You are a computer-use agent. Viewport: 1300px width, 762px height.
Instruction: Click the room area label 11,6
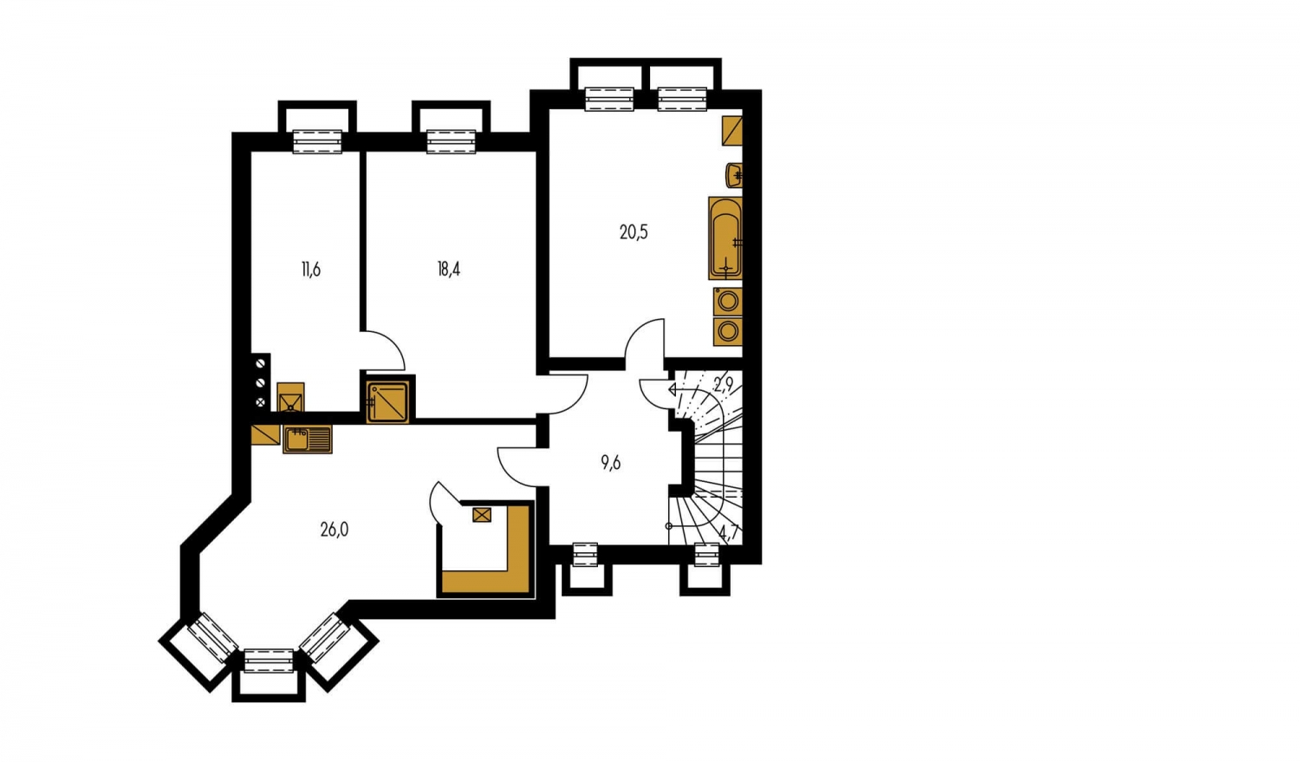point(311,270)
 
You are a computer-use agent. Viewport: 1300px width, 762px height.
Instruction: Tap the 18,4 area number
point(449,270)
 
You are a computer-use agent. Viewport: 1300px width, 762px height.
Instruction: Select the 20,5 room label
point(634,232)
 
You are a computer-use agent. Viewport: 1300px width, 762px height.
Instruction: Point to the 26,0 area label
point(335,530)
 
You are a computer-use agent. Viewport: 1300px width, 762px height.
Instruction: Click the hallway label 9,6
point(610,463)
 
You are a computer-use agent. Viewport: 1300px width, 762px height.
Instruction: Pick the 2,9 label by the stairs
point(724,384)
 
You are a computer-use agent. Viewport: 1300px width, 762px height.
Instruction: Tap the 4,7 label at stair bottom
point(728,531)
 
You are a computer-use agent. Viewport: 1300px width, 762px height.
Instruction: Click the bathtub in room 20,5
point(725,238)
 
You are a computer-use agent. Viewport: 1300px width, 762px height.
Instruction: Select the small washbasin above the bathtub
point(734,175)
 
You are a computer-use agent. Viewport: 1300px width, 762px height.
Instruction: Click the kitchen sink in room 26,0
point(307,439)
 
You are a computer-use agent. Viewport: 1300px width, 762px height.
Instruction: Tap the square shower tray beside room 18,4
point(388,401)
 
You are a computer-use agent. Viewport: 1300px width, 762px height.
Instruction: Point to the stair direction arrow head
point(673,389)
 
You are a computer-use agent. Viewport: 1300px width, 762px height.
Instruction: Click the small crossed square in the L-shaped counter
point(482,514)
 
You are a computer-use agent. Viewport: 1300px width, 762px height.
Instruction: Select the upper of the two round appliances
point(728,301)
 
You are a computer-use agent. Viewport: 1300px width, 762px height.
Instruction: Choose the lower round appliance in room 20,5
point(728,331)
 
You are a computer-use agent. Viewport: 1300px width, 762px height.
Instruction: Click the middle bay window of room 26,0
point(269,661)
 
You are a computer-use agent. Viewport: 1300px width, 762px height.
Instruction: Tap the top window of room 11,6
point(317,141)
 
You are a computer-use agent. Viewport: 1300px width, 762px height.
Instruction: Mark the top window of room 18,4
point(452,141)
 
